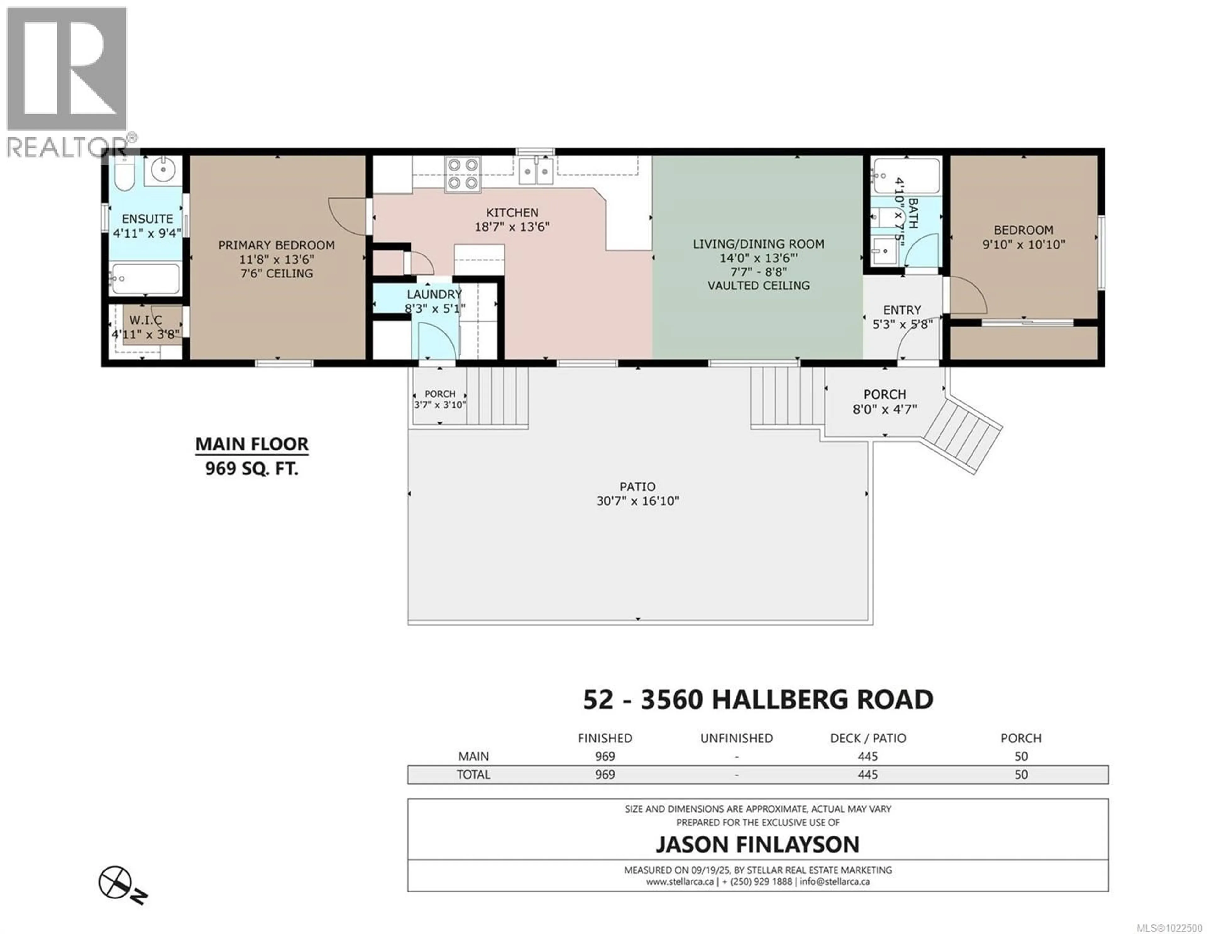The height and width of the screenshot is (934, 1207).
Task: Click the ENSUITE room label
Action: click(147, 219)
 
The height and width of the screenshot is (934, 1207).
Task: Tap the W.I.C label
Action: click(145, 320)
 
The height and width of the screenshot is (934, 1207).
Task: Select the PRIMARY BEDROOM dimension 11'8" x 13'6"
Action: click(276, 259)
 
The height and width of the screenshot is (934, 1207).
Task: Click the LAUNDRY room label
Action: click(434, 294)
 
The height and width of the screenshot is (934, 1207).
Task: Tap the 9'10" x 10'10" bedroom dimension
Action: click(1023, 244)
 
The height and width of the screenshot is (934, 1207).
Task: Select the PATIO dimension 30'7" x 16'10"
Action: click(637, 501)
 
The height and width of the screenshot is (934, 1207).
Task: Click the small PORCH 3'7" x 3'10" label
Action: click(440, 399)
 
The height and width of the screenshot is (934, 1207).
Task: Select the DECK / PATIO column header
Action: click(867, 738)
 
